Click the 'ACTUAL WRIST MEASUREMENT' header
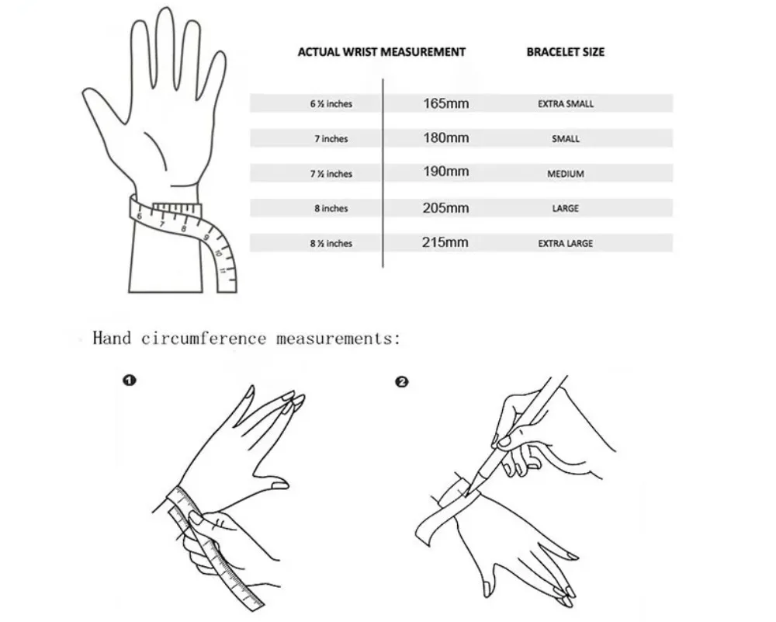[382, 52]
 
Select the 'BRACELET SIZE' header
[565, 52]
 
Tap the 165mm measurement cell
[446, 103]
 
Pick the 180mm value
[446, 137]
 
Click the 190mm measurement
[446, 172]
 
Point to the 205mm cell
[446, 208]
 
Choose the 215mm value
[445, 242]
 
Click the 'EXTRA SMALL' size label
[566, 104]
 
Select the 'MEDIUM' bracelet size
[566, 174]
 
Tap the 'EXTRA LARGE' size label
[566, 244]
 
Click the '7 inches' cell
[331, 139]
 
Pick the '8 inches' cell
[331, 208]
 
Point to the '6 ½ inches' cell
[331, 104]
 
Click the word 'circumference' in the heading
[204, 339]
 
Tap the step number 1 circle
[129, 380]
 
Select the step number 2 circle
[402, 382]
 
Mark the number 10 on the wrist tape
[219, 252]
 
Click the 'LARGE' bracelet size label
[566, 208]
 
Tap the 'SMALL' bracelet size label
[566, 139]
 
